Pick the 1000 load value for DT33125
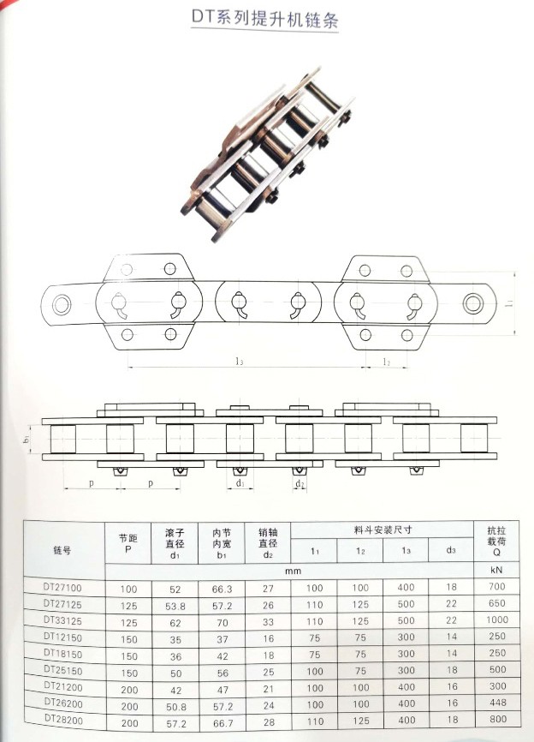tap(496, 619)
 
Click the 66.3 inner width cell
tap(222, 588)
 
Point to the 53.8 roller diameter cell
tap(175, 604)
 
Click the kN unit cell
tap(496, 570)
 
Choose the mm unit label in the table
tap(291, 570)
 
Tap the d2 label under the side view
tap(300, 484)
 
